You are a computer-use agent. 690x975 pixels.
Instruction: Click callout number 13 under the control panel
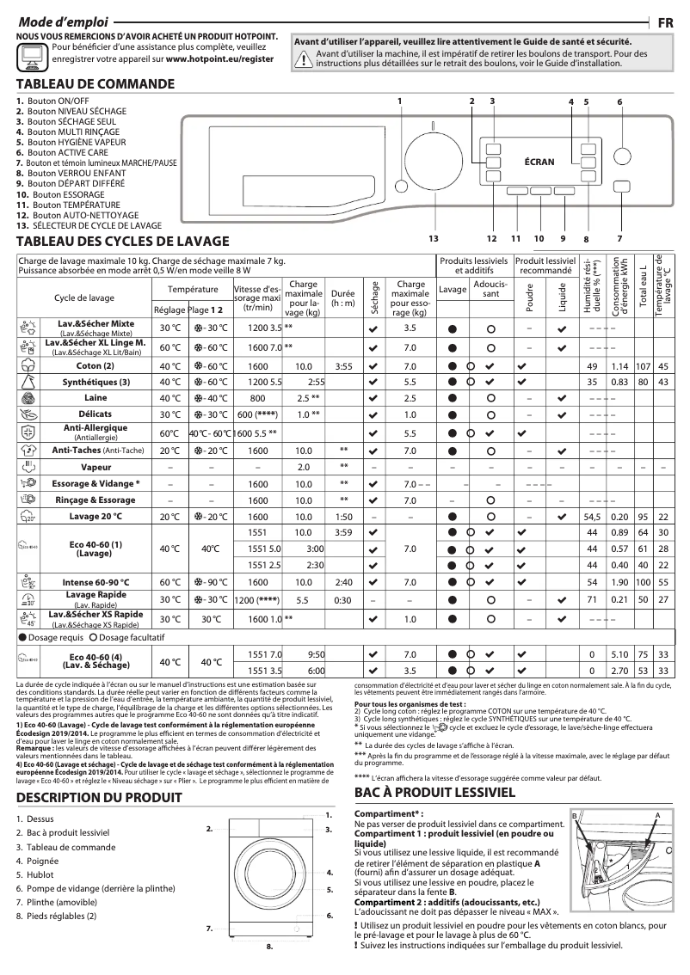[433, 237]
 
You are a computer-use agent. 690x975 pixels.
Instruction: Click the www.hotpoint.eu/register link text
[219, 62]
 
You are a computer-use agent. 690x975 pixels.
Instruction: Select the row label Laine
[95, 398]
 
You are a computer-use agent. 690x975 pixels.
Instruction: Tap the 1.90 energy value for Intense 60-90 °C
[618, 582]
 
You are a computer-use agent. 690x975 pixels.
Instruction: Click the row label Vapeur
[95, 467]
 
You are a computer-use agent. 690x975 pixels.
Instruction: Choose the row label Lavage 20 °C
[95, 516]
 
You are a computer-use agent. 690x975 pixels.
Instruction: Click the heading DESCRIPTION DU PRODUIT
[99, 797]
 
